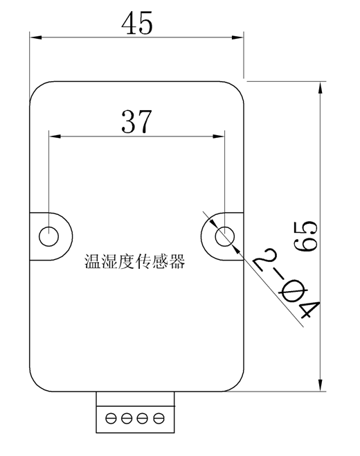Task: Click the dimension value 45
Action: pos(137,23)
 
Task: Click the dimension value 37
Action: pos(136,121)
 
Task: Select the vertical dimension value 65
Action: pos(305,236)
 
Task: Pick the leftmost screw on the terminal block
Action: pos(111,419)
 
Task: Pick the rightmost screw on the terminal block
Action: pos(159,419)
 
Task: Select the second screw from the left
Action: pos(127,419)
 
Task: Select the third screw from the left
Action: pos(143,419)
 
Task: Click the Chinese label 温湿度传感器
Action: pos(135,261)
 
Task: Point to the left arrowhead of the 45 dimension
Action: pos(36,37)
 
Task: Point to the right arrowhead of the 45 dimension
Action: pos(237,37)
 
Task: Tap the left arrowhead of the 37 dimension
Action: pos(55,136)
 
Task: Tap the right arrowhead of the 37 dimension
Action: pos(218,136)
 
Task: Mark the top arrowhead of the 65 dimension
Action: pos(321,88)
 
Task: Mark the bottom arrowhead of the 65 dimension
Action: pos(321,385)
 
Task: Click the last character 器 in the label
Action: pos(177,261)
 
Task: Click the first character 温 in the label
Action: pos(93,261)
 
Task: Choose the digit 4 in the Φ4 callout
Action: pos(309,309)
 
